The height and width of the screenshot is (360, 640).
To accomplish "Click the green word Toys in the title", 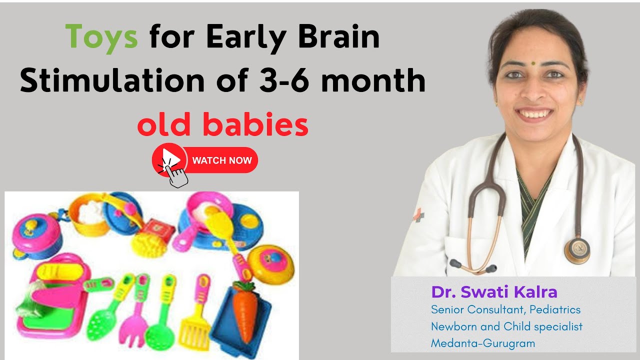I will pos(101,37).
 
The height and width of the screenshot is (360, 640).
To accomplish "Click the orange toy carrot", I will pos(245,312).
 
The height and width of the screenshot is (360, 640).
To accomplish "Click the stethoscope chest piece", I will pos(577,249).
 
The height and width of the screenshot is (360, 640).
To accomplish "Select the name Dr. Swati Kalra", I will pos(494,292).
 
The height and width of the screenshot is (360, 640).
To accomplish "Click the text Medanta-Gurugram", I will pos(483,343).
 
